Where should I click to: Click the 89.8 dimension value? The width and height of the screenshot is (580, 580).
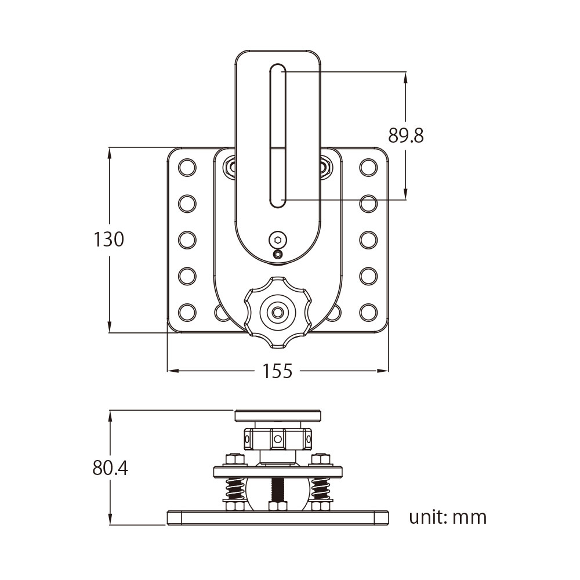coord(406,136)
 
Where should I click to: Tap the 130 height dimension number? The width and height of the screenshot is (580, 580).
coord(109,239)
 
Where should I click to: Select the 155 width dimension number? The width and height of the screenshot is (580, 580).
coord(277,371)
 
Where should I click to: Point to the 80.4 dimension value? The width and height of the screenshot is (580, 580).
coord(110,468)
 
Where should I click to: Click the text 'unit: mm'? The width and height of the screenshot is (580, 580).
coord(447,517)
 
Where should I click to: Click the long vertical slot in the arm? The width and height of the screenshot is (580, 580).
coord(277,136)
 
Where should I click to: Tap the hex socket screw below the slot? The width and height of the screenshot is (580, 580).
coord(278,239)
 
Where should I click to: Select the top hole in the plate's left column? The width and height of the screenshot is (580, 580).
coord(187,168)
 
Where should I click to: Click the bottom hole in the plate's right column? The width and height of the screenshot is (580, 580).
coord(368,312)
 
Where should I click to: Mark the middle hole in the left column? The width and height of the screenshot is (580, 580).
coord(187,240)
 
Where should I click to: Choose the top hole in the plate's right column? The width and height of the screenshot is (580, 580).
coord(368,168)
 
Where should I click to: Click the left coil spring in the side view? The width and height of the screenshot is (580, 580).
coord(234,489)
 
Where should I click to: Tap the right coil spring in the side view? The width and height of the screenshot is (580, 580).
coord(320,489)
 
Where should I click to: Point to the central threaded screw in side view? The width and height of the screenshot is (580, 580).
coord(277,491)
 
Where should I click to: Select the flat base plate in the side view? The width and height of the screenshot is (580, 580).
coord(277,517)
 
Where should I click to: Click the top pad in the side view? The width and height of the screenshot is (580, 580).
coord(277,415)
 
